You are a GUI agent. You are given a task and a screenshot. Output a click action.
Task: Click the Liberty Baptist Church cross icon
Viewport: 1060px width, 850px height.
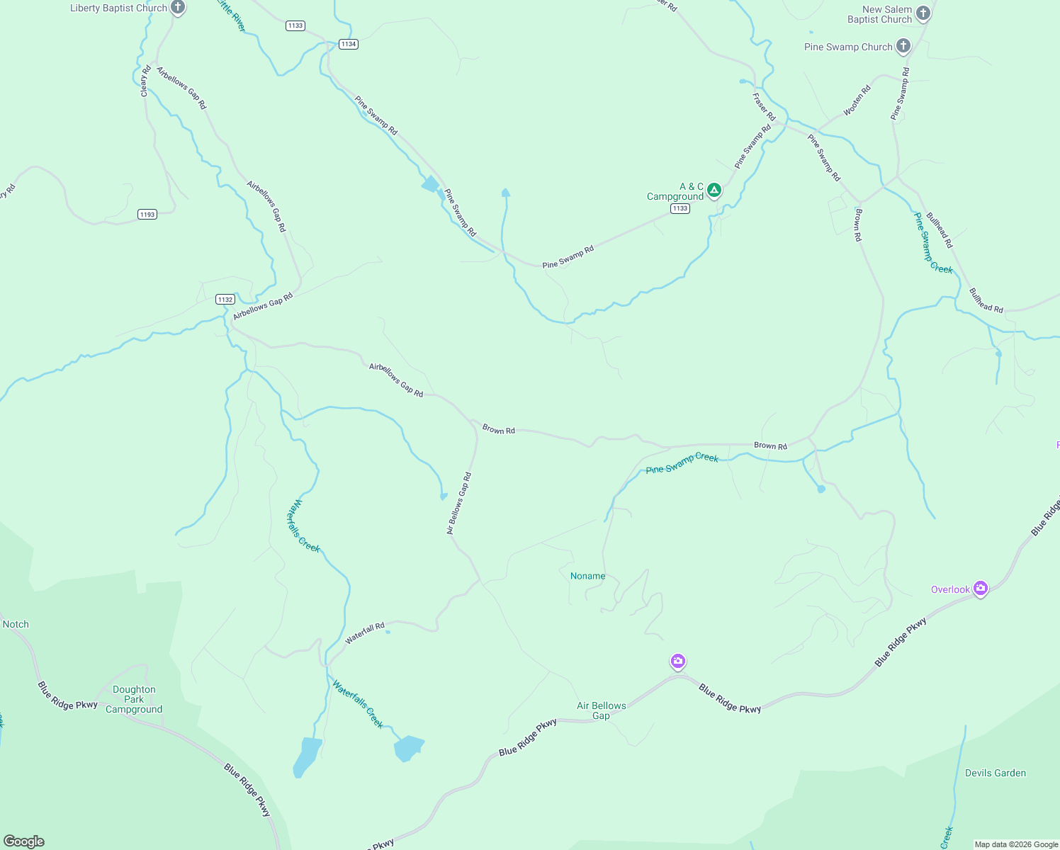178,8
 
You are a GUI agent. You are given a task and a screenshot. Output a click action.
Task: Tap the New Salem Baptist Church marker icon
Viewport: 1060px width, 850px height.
923,13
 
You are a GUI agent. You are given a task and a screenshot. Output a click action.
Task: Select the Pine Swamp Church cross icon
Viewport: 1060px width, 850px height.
903,47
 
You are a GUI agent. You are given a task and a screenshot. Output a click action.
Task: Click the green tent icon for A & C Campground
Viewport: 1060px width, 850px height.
714,190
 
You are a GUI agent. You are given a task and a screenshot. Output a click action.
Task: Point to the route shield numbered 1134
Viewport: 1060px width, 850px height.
348,44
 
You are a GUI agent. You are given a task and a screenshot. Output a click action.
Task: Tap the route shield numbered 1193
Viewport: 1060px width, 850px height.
147,214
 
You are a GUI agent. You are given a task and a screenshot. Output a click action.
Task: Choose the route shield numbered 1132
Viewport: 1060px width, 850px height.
225,300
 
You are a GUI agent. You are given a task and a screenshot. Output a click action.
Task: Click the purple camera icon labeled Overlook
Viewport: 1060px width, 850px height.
980,589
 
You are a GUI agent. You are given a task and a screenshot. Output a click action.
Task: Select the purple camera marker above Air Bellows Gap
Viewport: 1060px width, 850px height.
678,662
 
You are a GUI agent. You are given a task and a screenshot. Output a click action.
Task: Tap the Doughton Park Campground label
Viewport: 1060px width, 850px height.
134,699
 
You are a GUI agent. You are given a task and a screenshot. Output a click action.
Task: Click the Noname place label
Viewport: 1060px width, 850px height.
588,576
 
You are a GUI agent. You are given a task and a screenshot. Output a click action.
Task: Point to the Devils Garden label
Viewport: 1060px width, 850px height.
995,773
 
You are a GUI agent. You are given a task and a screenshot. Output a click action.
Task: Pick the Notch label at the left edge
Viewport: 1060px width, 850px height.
16,624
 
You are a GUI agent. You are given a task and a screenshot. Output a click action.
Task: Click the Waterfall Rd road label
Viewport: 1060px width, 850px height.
364,633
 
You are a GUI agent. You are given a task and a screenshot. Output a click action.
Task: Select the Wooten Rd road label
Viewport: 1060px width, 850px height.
857,101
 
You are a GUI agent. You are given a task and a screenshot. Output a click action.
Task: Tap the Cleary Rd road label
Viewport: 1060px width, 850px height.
145,81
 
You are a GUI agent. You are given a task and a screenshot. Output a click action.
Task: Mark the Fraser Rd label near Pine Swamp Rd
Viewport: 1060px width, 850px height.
764,107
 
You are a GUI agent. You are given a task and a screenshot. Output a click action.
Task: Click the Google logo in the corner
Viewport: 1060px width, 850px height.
24,841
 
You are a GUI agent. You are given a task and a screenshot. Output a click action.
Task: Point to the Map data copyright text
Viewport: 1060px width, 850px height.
1015,844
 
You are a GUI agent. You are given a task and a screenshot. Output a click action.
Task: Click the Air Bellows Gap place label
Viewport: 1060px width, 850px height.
601,710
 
